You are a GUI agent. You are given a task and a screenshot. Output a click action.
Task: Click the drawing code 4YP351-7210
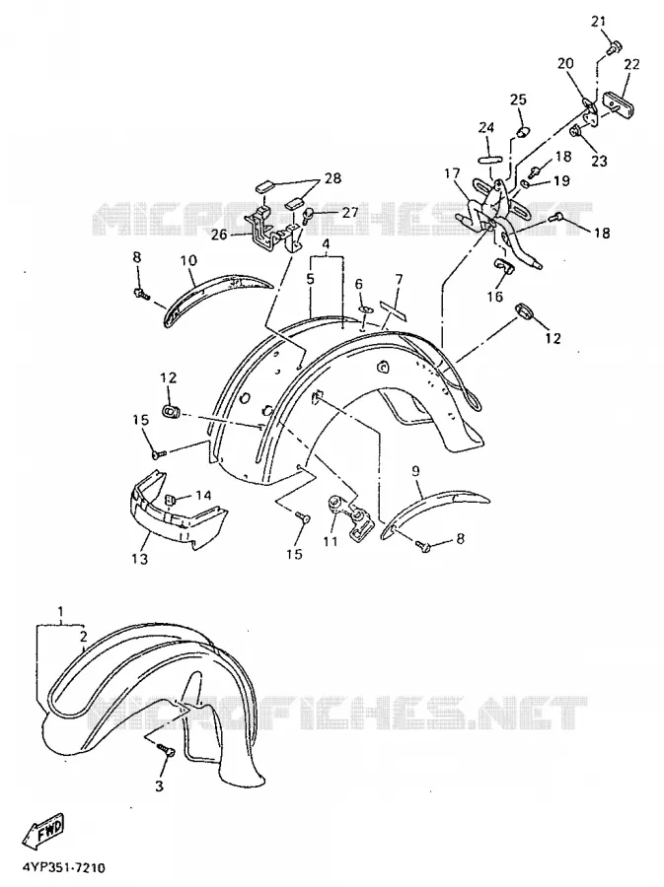pos(64,867)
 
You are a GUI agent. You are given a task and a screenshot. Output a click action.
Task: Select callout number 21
pos(598,22)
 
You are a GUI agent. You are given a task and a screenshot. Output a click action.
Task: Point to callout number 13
pos(139,559)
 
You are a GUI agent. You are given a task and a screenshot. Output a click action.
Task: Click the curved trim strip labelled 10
pos(215,297)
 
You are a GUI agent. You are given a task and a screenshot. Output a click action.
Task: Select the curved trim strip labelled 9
pos(435,512)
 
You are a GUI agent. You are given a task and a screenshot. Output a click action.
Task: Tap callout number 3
pos(159,785)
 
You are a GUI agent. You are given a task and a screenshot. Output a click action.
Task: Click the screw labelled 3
pos(167,750)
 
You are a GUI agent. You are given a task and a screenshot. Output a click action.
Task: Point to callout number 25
pos(518,100)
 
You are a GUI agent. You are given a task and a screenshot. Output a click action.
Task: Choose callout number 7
pos(399,280)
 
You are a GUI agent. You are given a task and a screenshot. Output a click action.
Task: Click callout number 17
pos(452,172)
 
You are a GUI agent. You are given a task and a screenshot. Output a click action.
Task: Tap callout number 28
pos(332,178)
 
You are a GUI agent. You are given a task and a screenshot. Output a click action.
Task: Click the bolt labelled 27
pos(309,215)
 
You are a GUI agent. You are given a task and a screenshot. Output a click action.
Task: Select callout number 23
pos(599,162)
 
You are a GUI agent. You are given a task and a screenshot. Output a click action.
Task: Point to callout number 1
pos(60,611)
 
